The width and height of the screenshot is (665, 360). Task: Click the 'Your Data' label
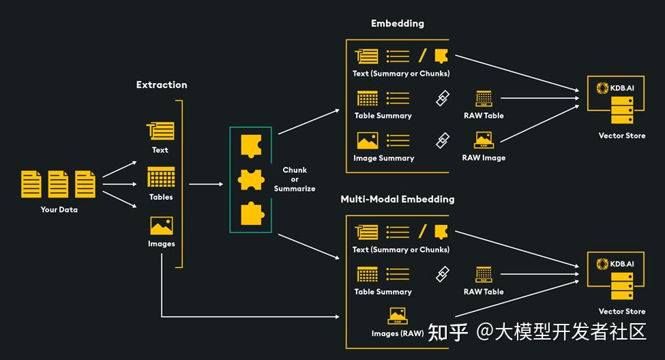point(59,209)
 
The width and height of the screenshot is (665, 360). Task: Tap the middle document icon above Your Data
point(58,184)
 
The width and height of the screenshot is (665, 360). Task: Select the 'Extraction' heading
point(162,85)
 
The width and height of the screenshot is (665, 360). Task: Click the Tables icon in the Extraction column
point(161,177)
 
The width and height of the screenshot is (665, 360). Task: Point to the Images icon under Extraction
point(162,226)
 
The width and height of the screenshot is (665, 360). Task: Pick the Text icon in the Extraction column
point(160,131)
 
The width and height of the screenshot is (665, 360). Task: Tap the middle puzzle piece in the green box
point(251,180)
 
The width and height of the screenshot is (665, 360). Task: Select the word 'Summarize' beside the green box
point(295,189)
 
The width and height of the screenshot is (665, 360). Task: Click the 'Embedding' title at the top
point(398,24)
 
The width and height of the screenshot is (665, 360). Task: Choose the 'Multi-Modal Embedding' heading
point(398,199)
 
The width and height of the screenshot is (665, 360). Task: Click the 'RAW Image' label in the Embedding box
point(484,157)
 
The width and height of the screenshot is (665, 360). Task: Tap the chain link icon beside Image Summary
point(443,140)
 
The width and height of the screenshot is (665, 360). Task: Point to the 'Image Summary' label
point(384,158)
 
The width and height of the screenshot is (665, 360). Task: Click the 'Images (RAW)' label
point(398,333)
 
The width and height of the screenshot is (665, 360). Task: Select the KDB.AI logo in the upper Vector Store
point(615,88)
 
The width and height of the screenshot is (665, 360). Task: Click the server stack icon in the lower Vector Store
point(622,286)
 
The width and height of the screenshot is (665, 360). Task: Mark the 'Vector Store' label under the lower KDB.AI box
point(622,312)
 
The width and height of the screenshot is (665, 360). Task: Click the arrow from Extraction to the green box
point(206,184)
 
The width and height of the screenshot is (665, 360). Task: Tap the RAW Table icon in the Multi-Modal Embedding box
point(484,275)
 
